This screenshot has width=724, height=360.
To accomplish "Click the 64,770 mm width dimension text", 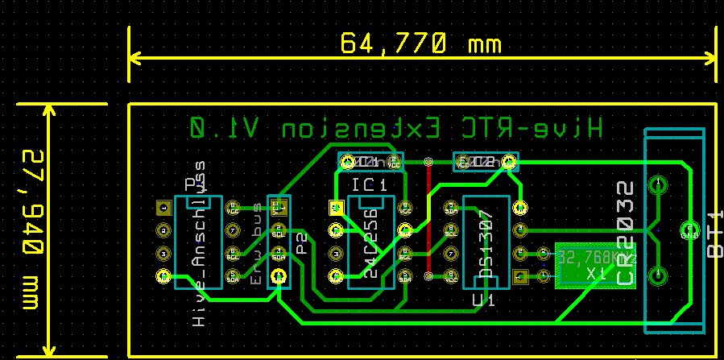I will click(x=420, y=43).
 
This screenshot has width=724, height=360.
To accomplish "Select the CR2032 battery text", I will click(x=625, y=233).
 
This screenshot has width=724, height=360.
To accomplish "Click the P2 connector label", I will click(x=300, y=242).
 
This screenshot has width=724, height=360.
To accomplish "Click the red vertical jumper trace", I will click(x=428, y=217).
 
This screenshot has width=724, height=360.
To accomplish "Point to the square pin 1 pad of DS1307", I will click(x=519, y=276).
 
